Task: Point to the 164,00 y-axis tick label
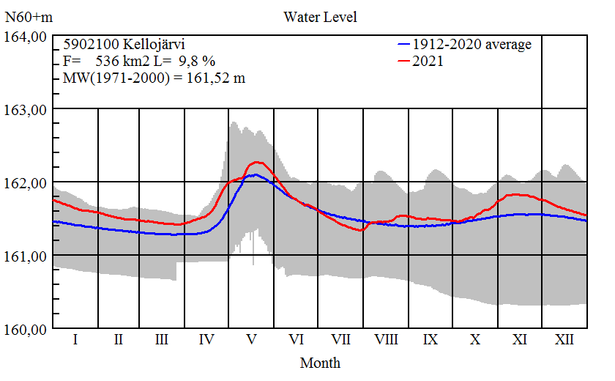[26, 36]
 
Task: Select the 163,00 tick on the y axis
[26, 109]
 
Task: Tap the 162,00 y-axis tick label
[26, 182]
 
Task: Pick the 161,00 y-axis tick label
[26, 256]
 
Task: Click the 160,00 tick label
[26, 329]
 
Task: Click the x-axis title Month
[320, 363]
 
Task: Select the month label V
[252, 340]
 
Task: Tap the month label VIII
[386, 340]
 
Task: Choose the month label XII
[564, 340]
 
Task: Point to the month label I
[75, 340]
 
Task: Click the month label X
[475, 340]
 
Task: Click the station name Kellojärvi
[151, 45]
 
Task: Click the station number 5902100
[89, 45]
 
